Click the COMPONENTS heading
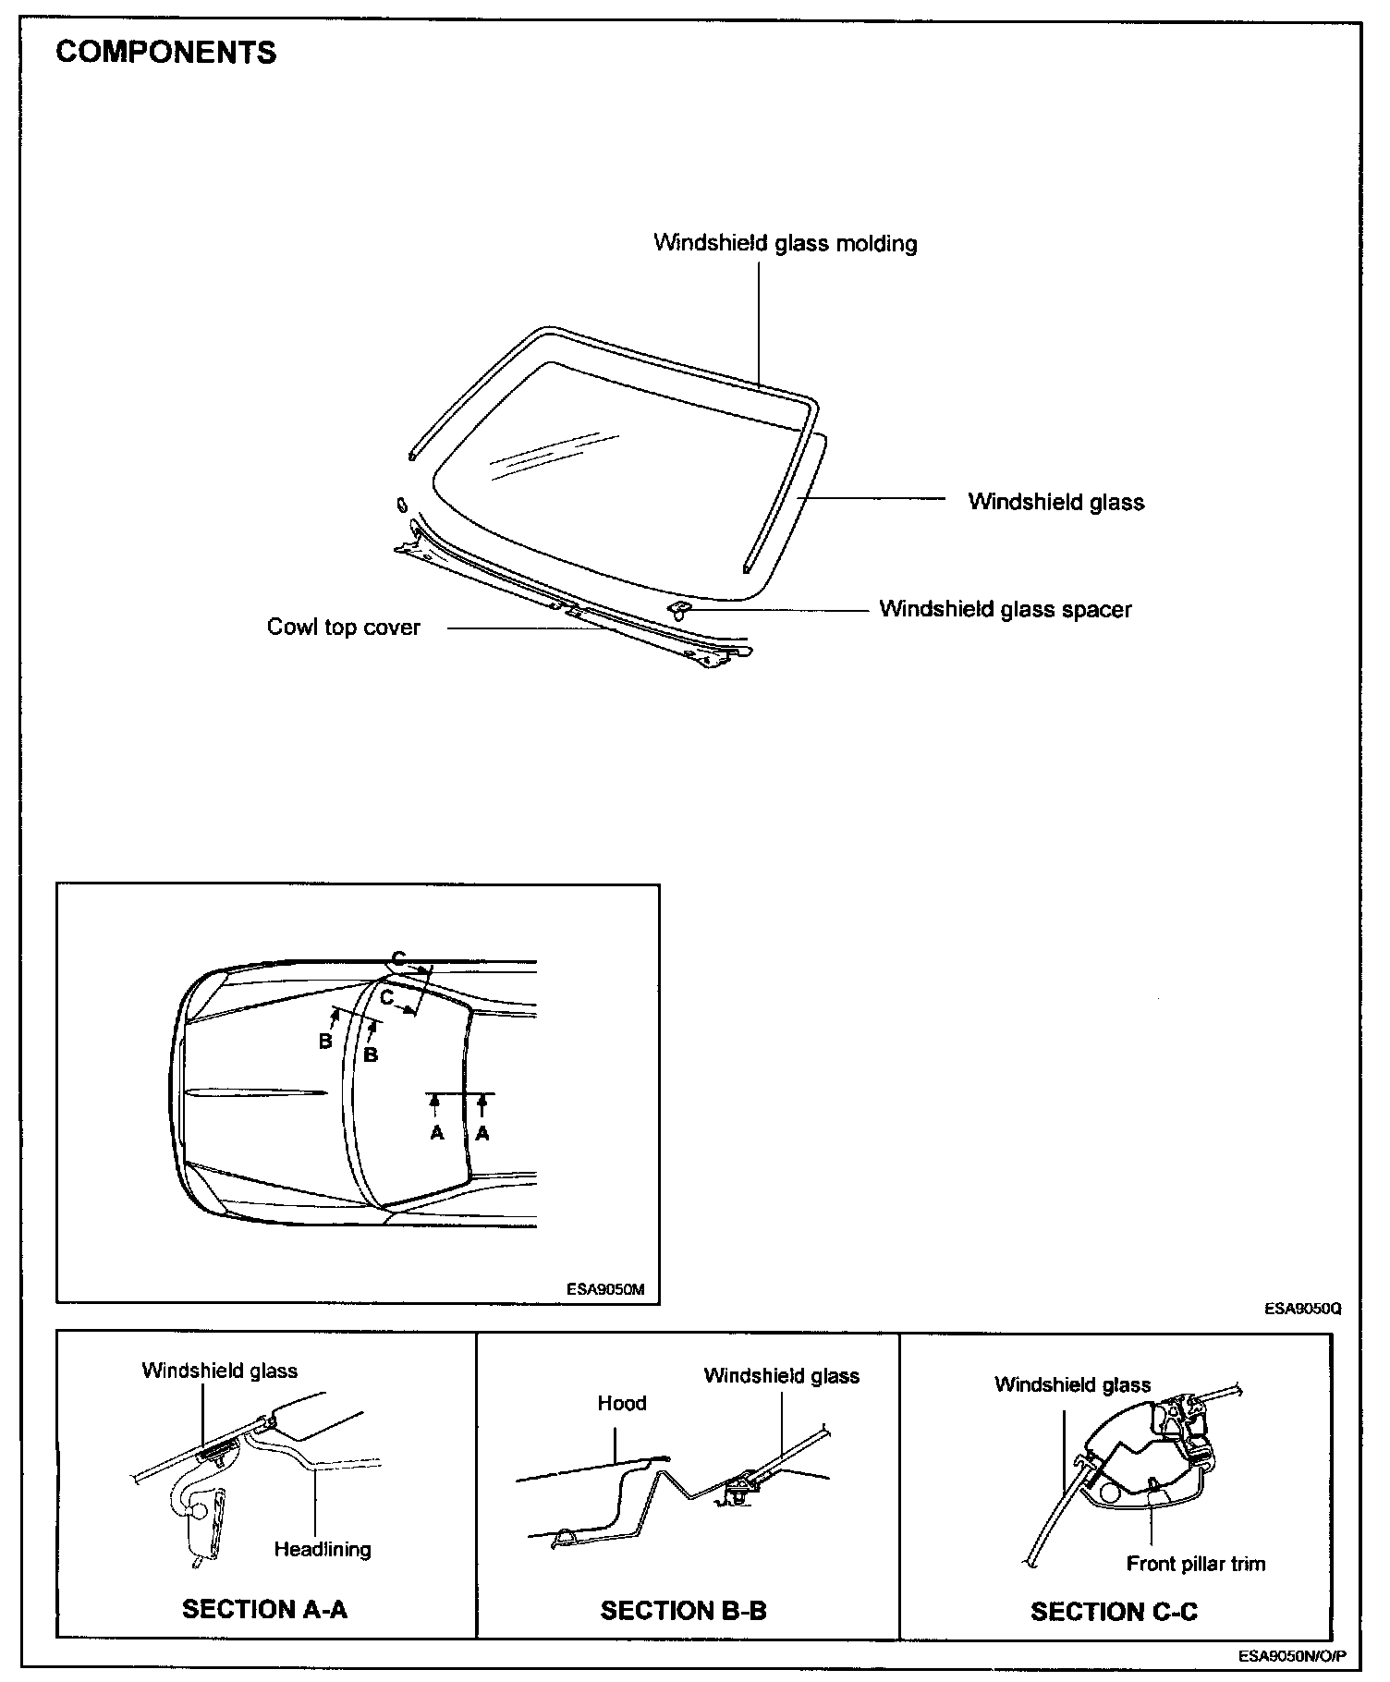click(x=165, y=53)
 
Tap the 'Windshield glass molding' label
click(x=785, y=243)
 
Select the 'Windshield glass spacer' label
click(x=1005, y=609)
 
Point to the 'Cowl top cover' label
click(x=343, y=627)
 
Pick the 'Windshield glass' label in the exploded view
click(x=1055, y=502)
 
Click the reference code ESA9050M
click(x=605, y=1289)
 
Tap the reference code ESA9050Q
click(x=1303, y=1310)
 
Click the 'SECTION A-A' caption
click(x=264, y=1609)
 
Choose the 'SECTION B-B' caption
click(x=683, y=1611)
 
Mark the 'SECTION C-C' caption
click(x=1114, y=1612)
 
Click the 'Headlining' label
click(x=323, y=1549)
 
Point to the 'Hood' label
click(x=621, y=1403)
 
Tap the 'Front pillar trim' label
click(x=1195, y=1564)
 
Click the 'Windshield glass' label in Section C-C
click(x=1072, y=1384)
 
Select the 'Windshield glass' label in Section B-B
click(x=781, y=1375)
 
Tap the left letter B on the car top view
click(x=325, y=1042)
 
